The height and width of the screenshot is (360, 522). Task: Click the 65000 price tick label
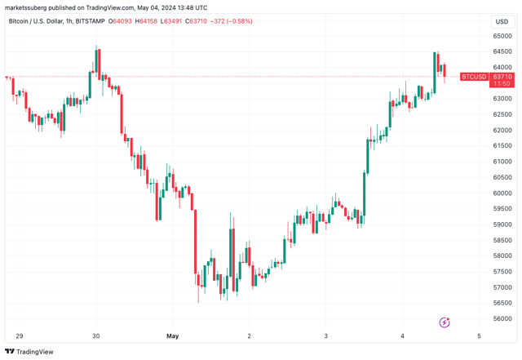coord(501,36)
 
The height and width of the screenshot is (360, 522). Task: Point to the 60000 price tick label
coord(501,193)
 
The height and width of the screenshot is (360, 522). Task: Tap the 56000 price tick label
coord(501,319)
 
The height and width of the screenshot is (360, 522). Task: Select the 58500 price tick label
coord(501,241)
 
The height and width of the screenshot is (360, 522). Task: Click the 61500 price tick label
coord(501,146)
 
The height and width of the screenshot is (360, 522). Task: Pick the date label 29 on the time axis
coord(20,336)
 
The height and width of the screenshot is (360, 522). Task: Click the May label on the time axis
coord(172,336)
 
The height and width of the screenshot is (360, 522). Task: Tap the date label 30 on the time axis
coord(96,336)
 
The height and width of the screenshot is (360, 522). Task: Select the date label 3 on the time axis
coord(325,336)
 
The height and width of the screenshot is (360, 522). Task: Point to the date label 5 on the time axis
coord(478,336)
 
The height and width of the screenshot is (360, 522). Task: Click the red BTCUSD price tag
coord(474,77)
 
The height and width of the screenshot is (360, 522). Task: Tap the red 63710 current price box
coord(502,77)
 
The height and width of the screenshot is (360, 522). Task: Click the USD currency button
coord(501,22)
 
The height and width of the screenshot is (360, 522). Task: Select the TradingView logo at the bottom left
coord(29,352)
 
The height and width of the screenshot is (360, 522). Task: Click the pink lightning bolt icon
coord(445,323)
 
